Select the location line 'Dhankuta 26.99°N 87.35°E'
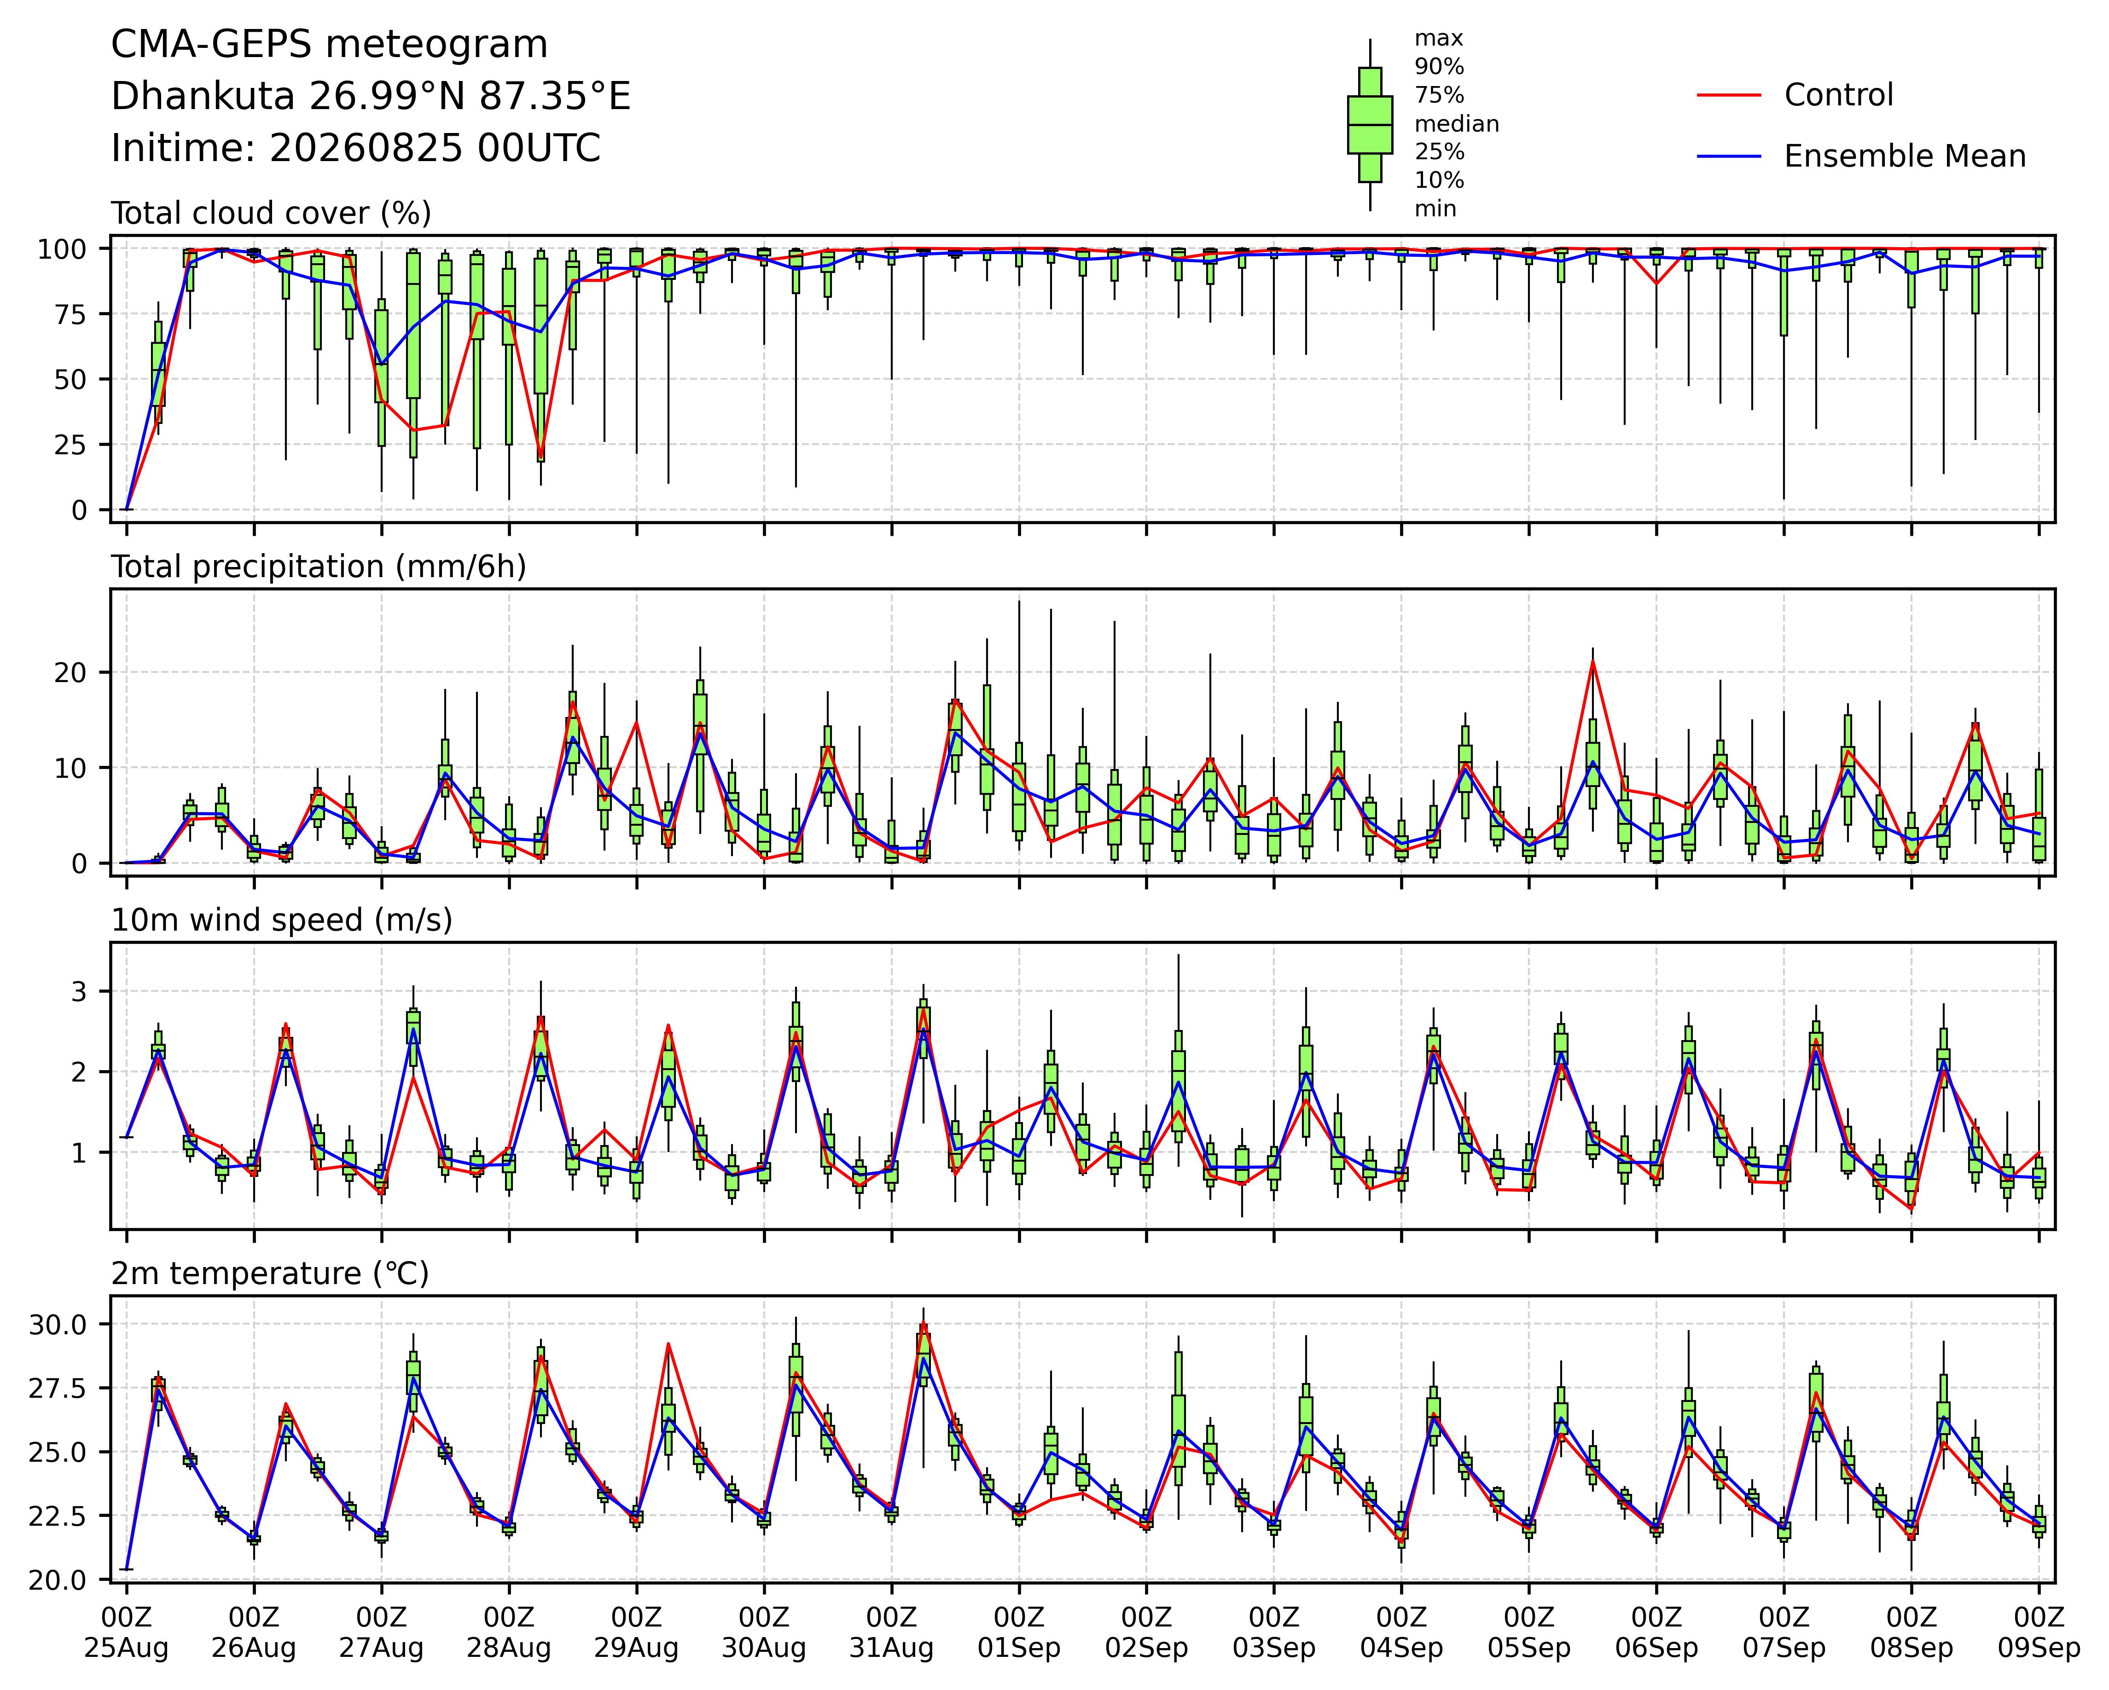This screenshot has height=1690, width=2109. pyautogui.click(x=371, y=97)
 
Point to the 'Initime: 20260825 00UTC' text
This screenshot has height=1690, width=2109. pyautogui.click(x=356, y=149)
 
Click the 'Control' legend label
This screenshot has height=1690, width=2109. pyautogui.click(x=1838, y=95)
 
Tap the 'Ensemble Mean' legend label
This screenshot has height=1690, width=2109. pyautogui.click(x=1905, y=156)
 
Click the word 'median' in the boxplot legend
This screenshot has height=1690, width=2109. pyautogui.click(x=1457, y=124)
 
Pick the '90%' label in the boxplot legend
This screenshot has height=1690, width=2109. pyautogui.click(x=1439, y=68)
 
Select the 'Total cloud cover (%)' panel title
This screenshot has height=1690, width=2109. pyautogui.click(x=271, y=213)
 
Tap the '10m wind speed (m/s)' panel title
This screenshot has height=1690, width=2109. pyautogui.click(x=282, y=920)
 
